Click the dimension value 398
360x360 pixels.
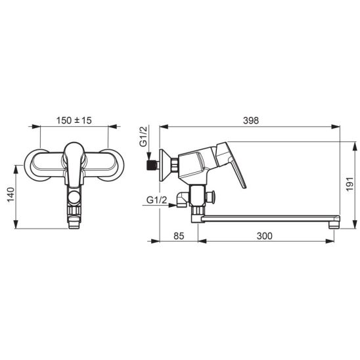tap(251, 120)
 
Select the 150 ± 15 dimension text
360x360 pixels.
tap(74, 120)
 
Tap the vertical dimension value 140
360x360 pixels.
tap(11, 194)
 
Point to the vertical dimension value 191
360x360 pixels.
tap(349, 184)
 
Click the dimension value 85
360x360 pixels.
tap(179, 236)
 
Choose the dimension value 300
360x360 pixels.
tap(265, 236)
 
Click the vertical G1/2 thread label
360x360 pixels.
tap(143, 136)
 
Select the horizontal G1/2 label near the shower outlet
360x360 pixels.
tap(157, 200)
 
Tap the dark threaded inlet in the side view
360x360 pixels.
tap(151, 165)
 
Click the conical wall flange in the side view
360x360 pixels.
tap(165, 166)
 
